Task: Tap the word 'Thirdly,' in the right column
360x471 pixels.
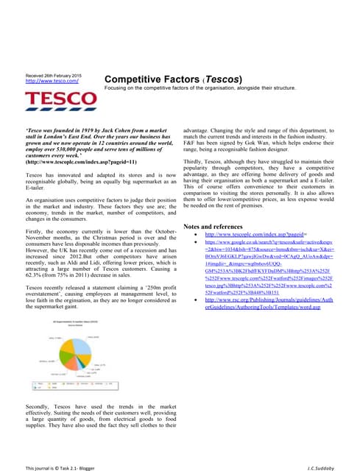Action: (x=194, y=160)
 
